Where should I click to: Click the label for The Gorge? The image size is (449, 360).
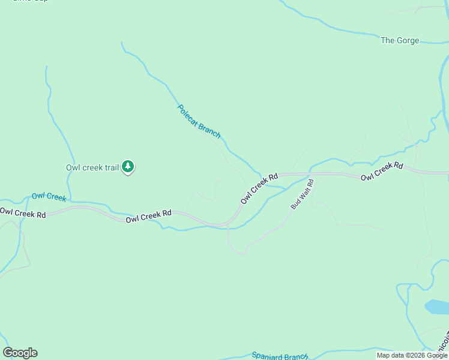400,41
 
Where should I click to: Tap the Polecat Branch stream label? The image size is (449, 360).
199,121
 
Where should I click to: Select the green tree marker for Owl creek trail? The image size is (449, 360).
128,167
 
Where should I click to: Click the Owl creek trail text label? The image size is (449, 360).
92,167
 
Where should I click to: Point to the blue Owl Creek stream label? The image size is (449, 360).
49,196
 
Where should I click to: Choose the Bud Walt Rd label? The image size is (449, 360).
303,194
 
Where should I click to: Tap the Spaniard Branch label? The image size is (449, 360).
280,356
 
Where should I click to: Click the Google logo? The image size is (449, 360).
20,353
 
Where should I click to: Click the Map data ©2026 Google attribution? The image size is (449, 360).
412,355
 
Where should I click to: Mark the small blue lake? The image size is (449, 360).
436,307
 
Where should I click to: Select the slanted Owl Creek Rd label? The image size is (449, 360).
259,188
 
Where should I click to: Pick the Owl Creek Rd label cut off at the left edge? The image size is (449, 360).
23,212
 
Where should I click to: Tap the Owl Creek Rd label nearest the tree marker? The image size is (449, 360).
149,217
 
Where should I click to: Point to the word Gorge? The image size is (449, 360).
408,41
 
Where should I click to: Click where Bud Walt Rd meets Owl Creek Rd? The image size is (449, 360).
312,174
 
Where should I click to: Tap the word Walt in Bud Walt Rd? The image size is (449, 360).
303,194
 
